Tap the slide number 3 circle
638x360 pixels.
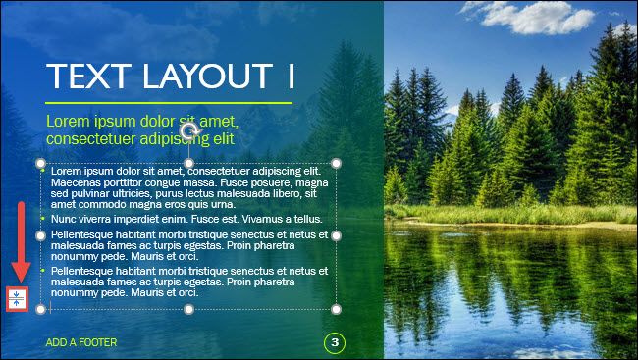335,342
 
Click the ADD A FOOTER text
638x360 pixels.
81,342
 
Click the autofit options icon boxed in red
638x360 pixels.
15,299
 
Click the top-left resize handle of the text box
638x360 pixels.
41,163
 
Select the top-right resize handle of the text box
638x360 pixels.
337,163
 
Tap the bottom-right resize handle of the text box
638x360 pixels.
337,309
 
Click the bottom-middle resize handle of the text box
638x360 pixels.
189,309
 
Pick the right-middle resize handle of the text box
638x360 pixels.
337,236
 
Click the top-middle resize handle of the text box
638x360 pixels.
189,163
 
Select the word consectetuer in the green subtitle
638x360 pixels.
88,139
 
